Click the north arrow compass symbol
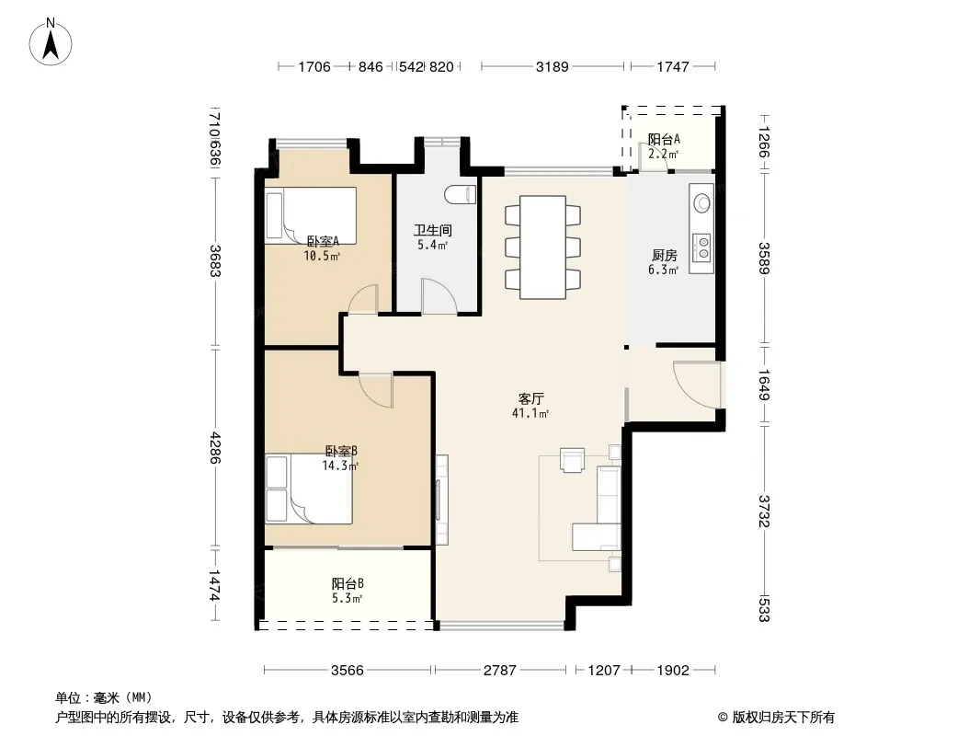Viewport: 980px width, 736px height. click(x=50, y=42)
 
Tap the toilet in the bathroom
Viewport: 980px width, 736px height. click(x=461, y=195)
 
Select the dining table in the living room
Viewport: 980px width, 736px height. click(x=542, y=247)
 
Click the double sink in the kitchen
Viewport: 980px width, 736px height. click(x=701, y=247)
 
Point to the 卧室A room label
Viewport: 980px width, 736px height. click(x=323, y=241)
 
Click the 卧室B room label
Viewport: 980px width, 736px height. click(x=341, y=451)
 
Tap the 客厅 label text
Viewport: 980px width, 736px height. click(x=530, y=398)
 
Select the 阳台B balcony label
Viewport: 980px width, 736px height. click(x=348, y=583)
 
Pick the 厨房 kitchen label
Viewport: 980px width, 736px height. click(x=664, y=255)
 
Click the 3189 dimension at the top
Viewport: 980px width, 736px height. click(x=552, y=66)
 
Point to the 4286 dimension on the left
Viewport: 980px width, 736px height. click(x=215, y=448)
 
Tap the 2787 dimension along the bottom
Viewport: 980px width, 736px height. click(x=500, y=671)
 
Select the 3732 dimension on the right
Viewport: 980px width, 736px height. click(x=764, y=511)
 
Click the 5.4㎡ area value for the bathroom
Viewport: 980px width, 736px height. click(x=432, y=245)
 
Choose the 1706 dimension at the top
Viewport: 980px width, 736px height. click(x=313, y=66)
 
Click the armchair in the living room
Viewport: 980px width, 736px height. click(x=573, y=460)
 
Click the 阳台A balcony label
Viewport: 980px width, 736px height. click(x=664, y=140)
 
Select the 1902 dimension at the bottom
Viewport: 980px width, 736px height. click(x=673, y=671)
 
